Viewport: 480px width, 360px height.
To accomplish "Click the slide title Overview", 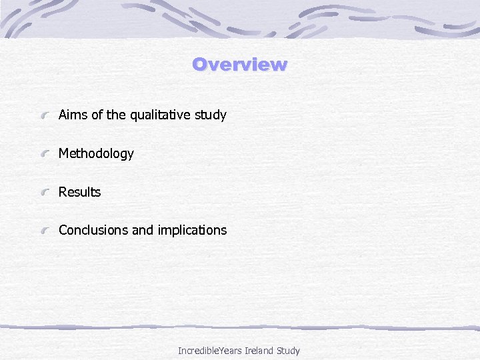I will click(239, 65).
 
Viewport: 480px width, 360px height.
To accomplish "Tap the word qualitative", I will click(159, 115).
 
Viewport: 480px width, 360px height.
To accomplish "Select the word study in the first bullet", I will click(210, 115).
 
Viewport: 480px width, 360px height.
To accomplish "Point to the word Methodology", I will click(96, 154).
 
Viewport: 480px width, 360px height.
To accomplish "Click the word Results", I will click(79, 192).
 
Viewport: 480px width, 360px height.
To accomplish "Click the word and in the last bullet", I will click(143, 230).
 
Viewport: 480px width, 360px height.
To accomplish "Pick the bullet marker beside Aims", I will click(44, 116).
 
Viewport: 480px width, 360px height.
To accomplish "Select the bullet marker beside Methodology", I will click(44, 155).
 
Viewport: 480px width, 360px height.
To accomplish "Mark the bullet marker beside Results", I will click(44, 193).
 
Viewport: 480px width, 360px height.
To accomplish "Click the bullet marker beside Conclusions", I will click(44, 231).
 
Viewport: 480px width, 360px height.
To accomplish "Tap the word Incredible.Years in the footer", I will click(210, 350).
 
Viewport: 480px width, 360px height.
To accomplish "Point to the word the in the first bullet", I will click(116, 115).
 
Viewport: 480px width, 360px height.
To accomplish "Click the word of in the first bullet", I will click(97, 115).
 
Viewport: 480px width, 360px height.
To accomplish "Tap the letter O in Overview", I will click(199, 65).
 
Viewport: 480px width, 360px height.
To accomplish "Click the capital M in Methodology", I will click(64, 154).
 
